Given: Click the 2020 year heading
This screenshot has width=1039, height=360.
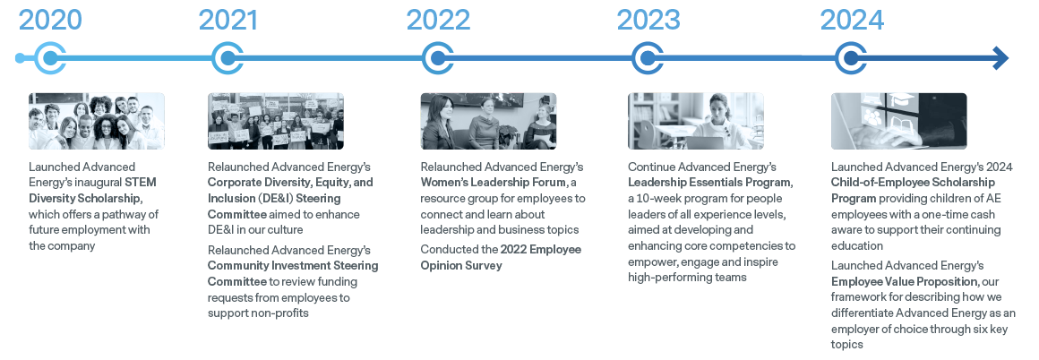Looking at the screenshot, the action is [50, 20].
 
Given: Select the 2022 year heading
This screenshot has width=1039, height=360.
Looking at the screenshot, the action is [438, 20].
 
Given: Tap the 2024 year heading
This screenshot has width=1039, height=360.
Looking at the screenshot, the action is [852, 20].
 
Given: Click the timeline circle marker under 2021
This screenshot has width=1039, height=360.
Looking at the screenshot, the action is [228, 58].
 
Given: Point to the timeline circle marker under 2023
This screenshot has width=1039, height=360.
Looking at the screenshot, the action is [648, 58].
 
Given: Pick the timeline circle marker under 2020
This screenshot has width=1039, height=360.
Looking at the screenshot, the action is [49, 58].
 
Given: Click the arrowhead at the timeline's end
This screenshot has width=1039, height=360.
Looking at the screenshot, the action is [1000, 58].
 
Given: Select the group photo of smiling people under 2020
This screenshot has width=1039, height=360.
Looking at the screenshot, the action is [96, 121].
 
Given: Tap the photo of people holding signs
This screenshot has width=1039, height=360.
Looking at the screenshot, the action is [276, 121].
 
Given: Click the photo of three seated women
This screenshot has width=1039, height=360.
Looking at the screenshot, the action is [488, 121].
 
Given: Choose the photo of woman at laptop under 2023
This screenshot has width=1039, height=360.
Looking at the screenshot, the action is [696, 121].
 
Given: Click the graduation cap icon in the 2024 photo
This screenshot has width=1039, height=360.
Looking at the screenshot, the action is [902, 99].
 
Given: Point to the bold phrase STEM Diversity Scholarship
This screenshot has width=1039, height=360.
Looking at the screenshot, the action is [93, 190].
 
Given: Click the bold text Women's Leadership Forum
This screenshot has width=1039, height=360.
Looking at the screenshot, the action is [494, 183].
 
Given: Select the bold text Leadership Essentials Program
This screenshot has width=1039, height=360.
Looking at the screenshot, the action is [709, 183].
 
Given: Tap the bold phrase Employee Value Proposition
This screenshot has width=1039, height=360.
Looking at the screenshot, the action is [905, 281].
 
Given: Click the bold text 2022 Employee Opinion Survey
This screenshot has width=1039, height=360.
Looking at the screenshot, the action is [501, 257].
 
